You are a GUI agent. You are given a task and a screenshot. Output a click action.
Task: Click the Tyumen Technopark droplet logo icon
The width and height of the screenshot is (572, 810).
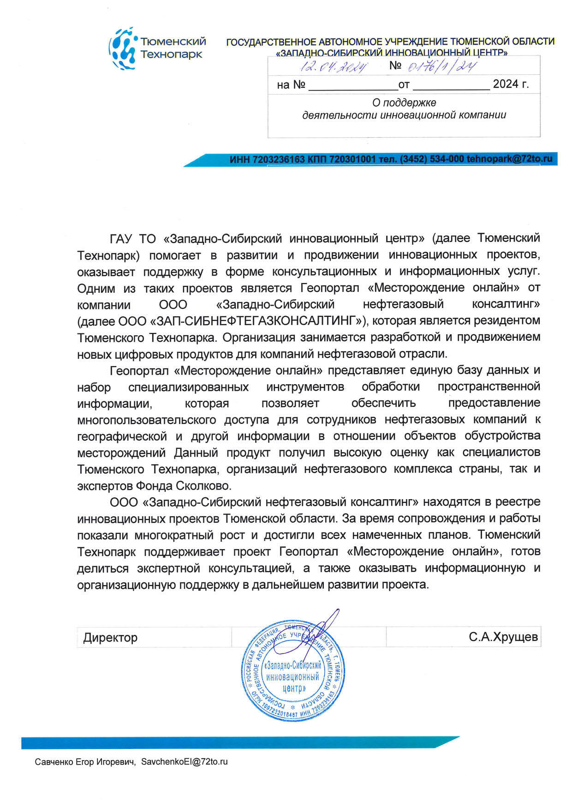[123, 48]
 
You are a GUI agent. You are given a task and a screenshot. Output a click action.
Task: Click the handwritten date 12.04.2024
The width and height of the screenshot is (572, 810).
[334, 66]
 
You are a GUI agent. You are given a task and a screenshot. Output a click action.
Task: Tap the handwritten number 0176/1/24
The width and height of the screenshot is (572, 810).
[442, 66]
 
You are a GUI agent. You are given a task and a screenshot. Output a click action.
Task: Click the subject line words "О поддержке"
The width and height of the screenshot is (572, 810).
[404, 103]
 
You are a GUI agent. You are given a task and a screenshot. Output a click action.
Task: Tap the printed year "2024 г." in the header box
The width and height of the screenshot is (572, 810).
[511, 85]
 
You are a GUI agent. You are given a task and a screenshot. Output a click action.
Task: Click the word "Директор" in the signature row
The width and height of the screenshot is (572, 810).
[111, 638]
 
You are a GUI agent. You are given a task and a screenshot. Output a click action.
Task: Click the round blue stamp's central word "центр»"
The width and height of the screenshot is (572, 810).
[294, 688]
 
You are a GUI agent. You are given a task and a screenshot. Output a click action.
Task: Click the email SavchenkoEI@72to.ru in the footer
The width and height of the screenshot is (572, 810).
[185, 762]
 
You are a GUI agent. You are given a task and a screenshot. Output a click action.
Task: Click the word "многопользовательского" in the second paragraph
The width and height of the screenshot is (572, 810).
[147, 420]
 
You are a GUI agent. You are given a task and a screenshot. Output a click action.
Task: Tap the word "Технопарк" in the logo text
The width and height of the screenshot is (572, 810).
[171, 55]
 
